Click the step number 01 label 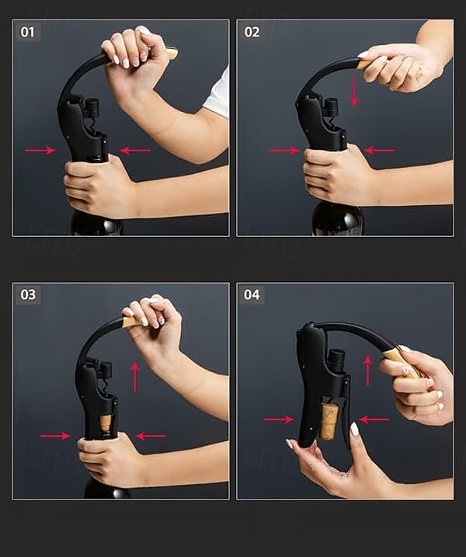tap(27, 33)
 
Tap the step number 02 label tap(252, 33)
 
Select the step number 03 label tap(28, 294)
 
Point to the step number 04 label tap(252, 294)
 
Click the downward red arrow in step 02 tap(353, 91)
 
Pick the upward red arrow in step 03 tap(134, 377)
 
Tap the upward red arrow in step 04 tap(368, 371)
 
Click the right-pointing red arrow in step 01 tap(40, 150)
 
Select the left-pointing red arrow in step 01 tap(135, 150)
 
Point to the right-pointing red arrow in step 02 tap(283, 150)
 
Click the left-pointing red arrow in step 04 tap(374, 419)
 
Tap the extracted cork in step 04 tap(329, 421)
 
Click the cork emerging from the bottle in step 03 tap(106, 423)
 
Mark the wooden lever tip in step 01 tap(172, 54)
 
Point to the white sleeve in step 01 tap(217, 93)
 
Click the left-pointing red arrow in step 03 tap(151, 436)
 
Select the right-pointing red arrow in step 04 tap(279, 419)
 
